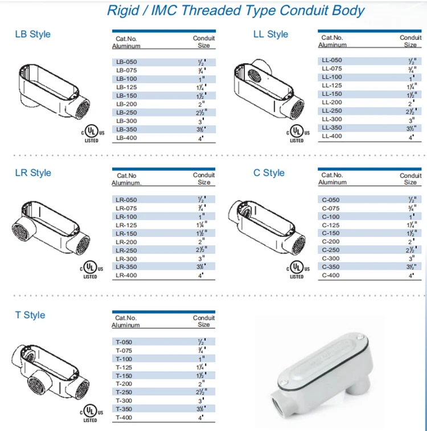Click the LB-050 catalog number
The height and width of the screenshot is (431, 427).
pyautogui.click(x=126, y=61)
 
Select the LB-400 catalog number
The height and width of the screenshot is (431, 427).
pyautogui.click(x=126, y=138)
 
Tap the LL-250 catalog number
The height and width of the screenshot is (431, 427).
pyautogui.click(x=332, y=110)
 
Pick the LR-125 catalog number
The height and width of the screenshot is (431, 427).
pyautogui.click(x=126, y=225)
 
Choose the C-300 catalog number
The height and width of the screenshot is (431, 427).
pyautogui.click(x=331, y=258)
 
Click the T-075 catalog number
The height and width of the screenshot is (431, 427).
pyautogui.click(x=124, y=351)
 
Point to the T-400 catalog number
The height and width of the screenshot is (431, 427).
pyautogui.click(x=124, y=417)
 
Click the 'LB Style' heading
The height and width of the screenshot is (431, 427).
pyautogui.click(x=32, y=34)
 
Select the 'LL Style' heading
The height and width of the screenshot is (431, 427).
pyautogui.click(x=270, y=34)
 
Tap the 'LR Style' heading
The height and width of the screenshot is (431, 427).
pyautogui.click(x=32, y=173)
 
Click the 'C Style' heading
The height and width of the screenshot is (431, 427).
pyautogui.click(x=269, y=173)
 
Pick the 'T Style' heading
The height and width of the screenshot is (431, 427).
pyautogui.click(x=30, y=315)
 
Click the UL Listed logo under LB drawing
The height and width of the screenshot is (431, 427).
pyautogui.click(x=91, y=134)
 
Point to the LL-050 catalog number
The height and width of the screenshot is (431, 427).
pyautogui.click(x=332, y=60)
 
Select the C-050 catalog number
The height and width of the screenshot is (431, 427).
pyautogui.click(x=331, y=200)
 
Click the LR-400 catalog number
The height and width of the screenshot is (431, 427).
pyautogui.click(x=126, y=276)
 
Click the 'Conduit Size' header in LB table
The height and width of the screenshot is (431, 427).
pyautogui.click(x=204, y=42)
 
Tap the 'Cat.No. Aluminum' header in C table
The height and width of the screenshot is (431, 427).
pyautogui.click(x=332, y=179)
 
